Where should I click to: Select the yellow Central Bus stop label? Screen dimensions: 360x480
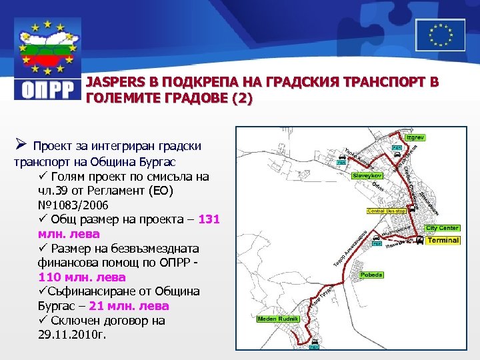click(x=387, y=211)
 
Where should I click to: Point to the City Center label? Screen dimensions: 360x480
click(x=443, y=228)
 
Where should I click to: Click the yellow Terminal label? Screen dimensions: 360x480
click(x=443, y=240)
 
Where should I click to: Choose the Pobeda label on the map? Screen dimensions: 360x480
click(x=371, y=274)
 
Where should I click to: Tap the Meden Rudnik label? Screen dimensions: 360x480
click(x=274, y=319)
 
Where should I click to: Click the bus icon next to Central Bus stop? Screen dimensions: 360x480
click(x=411, y=209)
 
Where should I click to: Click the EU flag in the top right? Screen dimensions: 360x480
click(x=440, y=35)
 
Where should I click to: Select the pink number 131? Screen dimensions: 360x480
click(x=209, y=219)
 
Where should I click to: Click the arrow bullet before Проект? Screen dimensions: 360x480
click(x=20, y=145)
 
